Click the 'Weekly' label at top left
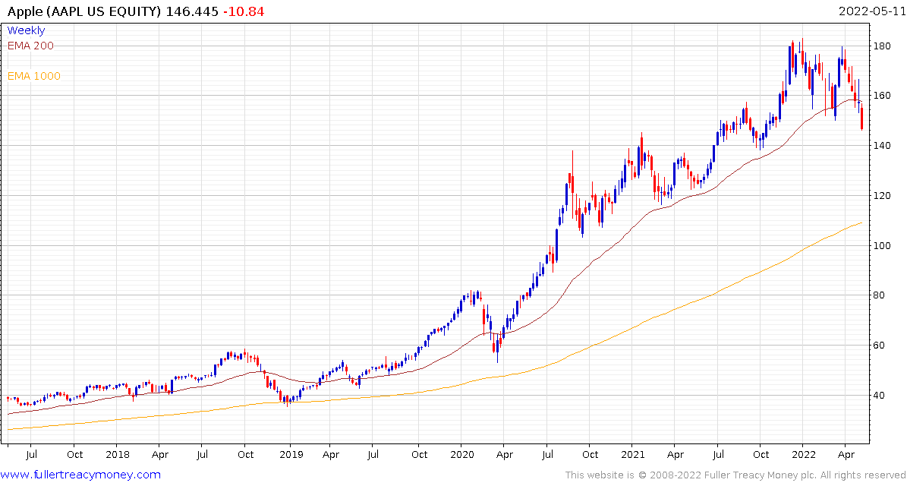(26, 30)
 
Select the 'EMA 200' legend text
(30, 46)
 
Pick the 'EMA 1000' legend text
(33, 76)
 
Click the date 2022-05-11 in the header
(870, 11)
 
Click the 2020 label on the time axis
(461, 454)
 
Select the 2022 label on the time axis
(803, 454)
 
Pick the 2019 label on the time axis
(291, 454)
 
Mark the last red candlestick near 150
(861, 118)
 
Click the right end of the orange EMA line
(861, 222)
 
